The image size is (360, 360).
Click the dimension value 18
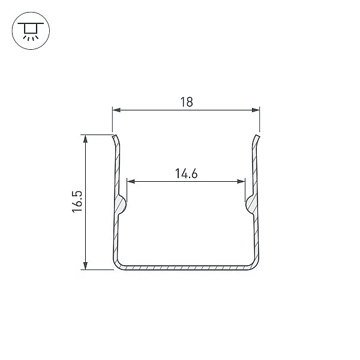coord(187,102)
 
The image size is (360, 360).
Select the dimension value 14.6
coord(186,173)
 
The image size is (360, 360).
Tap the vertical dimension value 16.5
coord(77,202)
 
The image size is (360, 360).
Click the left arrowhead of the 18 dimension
coord(116,110)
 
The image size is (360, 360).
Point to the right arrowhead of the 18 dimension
coord(256,110)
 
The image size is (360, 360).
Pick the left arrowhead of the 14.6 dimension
coord(131,182)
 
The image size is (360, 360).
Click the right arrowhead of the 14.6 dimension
coord(241,182)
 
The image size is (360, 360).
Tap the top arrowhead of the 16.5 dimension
coord(85,139)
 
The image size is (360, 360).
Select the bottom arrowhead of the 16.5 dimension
coord(85,266)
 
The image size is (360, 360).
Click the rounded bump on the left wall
coord(122,204)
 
